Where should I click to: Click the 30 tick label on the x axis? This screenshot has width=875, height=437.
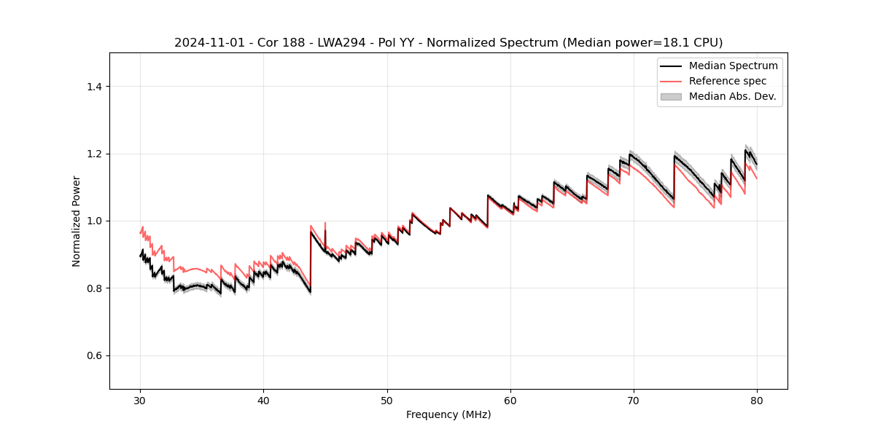coord(140,400)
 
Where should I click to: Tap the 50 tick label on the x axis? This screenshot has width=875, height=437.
coord(387,400)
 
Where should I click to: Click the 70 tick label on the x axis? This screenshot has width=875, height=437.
coord(634,400)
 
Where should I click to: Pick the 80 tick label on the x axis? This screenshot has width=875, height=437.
coord(757,400)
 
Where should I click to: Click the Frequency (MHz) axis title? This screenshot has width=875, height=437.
coord(448,414)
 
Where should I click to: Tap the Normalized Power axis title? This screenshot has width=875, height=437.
coord(77,221)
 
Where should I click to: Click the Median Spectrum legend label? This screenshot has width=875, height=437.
coord(733,66)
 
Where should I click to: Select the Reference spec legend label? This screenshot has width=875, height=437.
coord(728,81)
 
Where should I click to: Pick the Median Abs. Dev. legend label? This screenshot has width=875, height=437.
coord(732,96)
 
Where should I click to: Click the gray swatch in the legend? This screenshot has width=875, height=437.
coord(671,96)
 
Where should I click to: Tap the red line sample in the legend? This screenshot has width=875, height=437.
coord(671,81)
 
